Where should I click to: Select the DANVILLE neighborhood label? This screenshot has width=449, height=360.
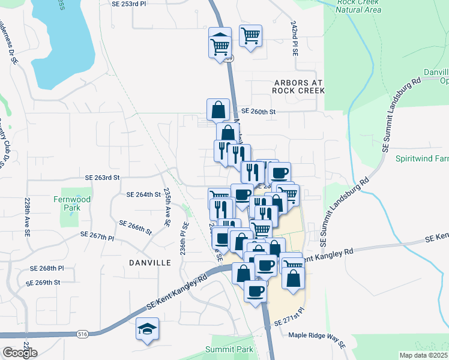tap(150, 263)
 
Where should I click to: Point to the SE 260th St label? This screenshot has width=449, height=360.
tap(258, 112)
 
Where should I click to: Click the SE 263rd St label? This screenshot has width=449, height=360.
tap(103, 178)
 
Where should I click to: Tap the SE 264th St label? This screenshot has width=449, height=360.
tap(144, 194)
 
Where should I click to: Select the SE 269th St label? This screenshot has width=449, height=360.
tap(43, 282)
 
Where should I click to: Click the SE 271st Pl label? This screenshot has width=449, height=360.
tap(290, 323)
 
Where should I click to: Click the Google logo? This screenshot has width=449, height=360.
tap(20, 353)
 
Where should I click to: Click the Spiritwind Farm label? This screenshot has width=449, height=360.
tap(423, 159)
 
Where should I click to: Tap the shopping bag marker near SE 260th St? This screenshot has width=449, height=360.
tap(218, 110)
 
